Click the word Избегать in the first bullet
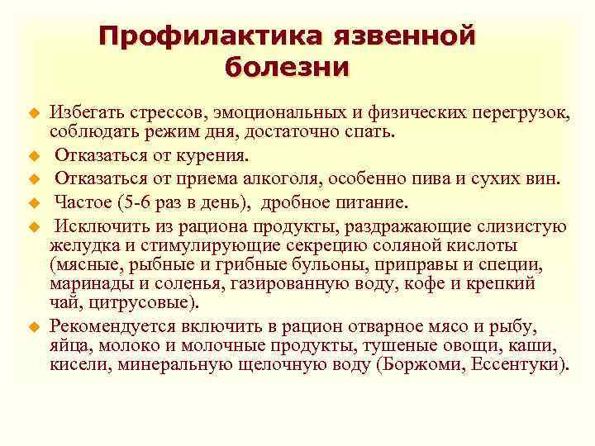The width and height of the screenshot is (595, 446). click(x=86, y=111)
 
